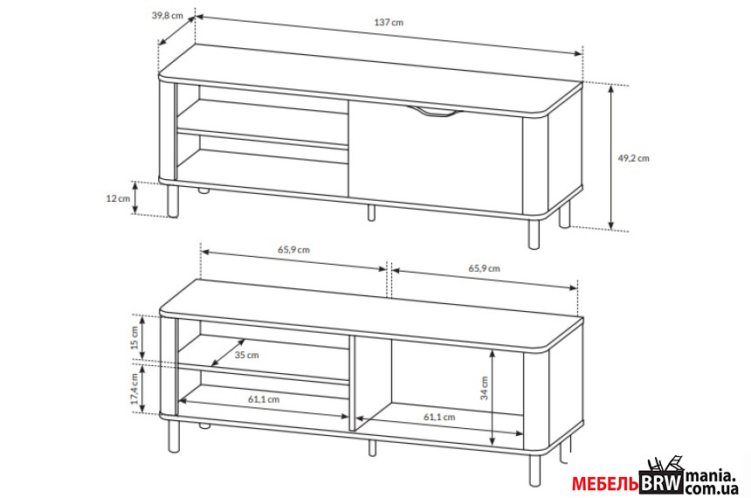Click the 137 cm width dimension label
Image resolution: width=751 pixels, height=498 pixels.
389,22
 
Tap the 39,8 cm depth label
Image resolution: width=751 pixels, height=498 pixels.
168,15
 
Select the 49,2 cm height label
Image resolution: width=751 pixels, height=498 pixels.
633,157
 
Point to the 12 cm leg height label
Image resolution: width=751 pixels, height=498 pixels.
118,198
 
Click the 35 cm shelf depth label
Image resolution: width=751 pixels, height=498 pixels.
246,356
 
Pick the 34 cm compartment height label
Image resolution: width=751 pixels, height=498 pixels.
485,388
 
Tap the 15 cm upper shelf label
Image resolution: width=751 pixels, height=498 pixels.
134,338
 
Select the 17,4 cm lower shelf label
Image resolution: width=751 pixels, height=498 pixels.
134,388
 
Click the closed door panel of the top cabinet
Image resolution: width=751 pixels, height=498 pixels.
435,156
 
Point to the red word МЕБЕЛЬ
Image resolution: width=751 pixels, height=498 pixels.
605,484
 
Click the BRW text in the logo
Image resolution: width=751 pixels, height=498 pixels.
662,482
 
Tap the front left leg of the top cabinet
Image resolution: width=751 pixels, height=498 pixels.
173,200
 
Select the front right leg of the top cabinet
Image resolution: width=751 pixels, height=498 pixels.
534,234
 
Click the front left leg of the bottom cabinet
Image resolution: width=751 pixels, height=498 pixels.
174,436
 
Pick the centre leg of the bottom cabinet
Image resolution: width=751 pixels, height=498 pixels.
372,447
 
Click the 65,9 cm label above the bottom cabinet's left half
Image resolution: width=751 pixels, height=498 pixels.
293,249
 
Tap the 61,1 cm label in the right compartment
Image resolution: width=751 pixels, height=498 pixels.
439,417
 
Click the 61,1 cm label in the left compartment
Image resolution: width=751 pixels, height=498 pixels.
264,398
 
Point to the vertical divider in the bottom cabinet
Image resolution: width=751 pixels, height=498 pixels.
352,382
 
